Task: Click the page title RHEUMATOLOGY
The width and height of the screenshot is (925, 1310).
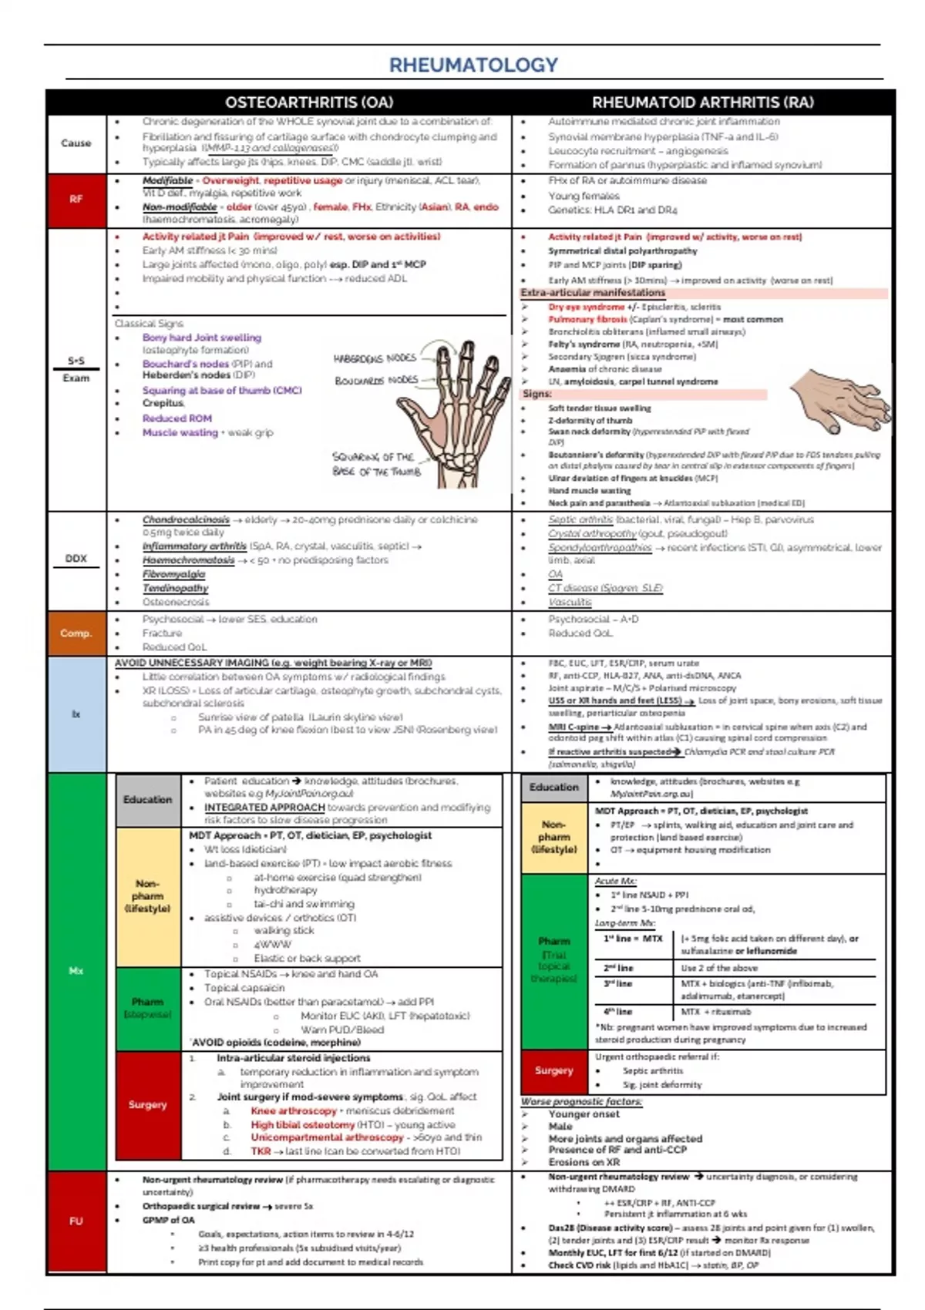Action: coord(473,65)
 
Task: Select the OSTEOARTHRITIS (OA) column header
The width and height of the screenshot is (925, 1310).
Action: coord(309,102)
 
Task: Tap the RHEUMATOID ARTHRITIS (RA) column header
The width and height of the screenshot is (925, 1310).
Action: coord(702,102)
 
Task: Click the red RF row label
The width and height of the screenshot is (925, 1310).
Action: coord(76,200)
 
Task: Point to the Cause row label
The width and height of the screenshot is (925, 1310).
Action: coord(76,143)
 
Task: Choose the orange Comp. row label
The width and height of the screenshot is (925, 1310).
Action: coord(76,633)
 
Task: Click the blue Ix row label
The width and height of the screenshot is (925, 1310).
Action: coord(76,714)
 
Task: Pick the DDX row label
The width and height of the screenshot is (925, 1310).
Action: coord(76,559)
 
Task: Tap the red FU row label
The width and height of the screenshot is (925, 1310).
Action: coord(76,1221)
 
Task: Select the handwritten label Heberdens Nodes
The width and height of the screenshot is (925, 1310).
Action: coord(375,358)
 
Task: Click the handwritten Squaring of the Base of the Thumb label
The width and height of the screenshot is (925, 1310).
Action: coord(376,464)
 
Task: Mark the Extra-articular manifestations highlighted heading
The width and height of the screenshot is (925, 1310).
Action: coord(593,293)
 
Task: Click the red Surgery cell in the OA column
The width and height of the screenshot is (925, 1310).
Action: coord(147,1105)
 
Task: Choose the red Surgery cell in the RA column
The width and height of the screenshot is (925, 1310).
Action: coord(553,1070)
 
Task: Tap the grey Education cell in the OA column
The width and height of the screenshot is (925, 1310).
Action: coord(147,800)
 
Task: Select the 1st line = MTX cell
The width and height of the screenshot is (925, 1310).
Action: coord(633,939)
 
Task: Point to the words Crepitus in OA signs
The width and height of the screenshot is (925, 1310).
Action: coord(163,403)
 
